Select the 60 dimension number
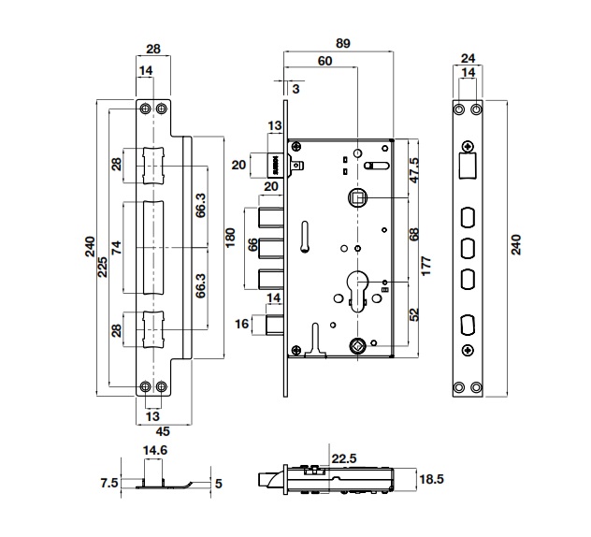[324, 62]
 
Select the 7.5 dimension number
[109, 484]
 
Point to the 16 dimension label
[241, 324]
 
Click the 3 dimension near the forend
[295, 89]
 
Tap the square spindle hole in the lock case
[356, 196]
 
